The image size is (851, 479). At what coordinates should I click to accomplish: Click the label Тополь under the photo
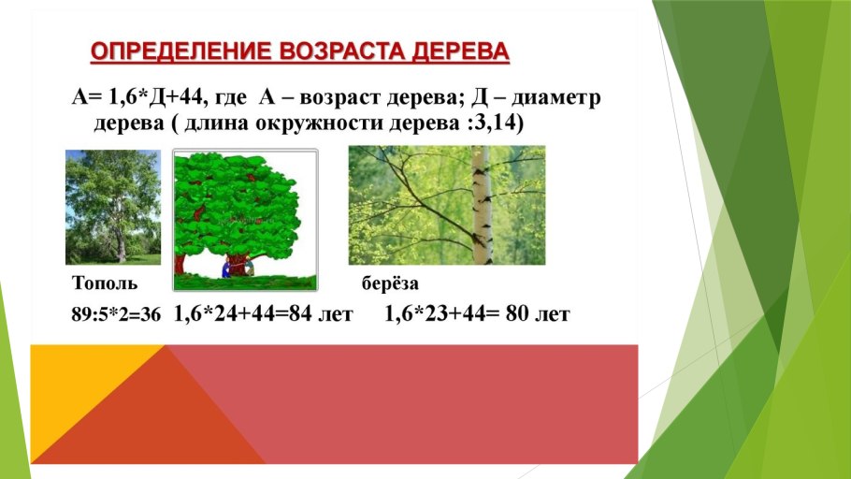click(x=105, y=283)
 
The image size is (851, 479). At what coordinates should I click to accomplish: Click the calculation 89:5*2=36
click(x=117, y=316)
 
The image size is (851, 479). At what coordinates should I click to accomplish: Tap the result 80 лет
click(x=537, y=315)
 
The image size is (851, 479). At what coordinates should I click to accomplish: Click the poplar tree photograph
click(x=112, y=206)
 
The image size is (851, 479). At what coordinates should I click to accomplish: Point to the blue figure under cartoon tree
click(x=224, y=269)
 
